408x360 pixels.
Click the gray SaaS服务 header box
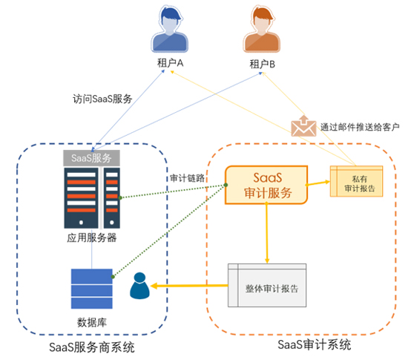[91, 158]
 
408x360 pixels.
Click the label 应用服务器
[91, 238]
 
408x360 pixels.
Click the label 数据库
[91, 321]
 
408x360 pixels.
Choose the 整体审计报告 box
[266, 286]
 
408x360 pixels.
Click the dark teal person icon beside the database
[139, 287]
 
